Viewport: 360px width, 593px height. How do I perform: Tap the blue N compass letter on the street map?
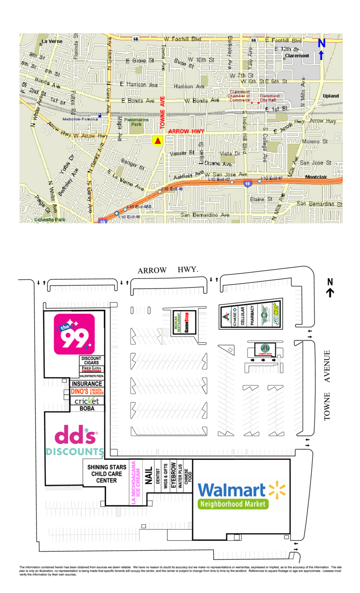tap(321, 43)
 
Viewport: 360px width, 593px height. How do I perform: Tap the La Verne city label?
tap(51, 41)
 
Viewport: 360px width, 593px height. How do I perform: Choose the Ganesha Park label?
tap(49, 220)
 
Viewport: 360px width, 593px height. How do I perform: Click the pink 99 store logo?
tap(74, 333)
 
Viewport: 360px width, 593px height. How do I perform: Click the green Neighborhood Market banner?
tap(233, 504)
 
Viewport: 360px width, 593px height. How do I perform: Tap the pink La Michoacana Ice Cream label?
tap(133, 483)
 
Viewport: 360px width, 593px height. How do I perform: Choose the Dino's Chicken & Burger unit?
tap(87, 392)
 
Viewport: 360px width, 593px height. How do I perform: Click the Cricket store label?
tap(86, 401)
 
